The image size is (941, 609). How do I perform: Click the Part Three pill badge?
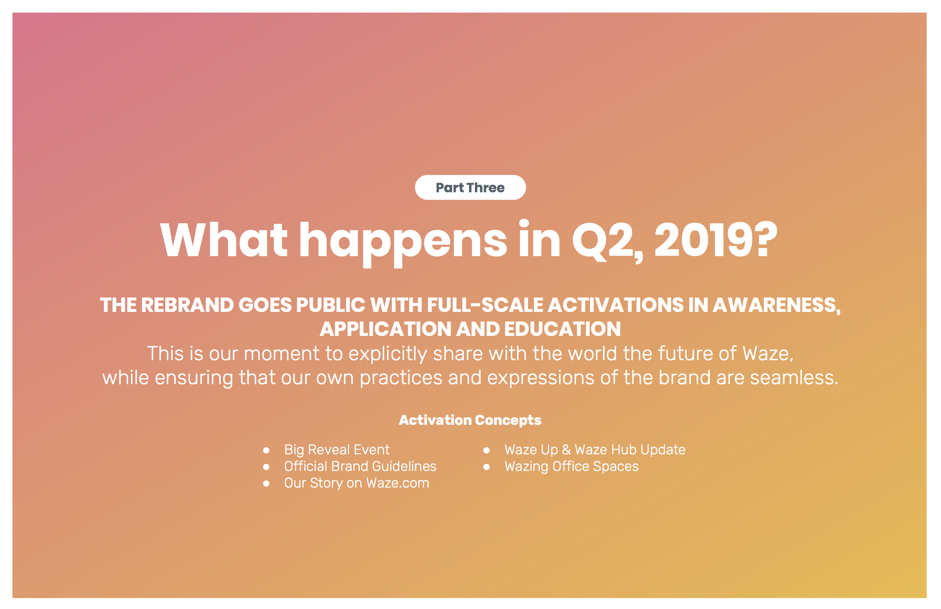(470, 187)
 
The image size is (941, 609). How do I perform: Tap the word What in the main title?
(223, 240)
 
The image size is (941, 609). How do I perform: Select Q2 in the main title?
(603, 240)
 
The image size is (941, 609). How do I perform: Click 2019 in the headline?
(703, 240)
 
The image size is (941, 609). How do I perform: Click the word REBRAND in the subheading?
(187, 305)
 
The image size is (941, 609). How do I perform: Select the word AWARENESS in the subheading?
(776, 306)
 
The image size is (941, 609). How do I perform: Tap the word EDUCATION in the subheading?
(562, 329)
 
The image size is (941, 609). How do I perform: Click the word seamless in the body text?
(794, 378)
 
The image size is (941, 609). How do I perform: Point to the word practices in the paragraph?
(400, 378)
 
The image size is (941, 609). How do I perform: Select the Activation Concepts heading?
(470, 420)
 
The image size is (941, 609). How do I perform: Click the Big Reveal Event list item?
(337, 450)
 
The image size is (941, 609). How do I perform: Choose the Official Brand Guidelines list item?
(360, 466)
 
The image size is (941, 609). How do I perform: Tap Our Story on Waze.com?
(356, 483)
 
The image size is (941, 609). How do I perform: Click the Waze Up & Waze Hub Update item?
(595, 450)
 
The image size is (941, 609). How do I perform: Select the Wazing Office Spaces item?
(572, 467)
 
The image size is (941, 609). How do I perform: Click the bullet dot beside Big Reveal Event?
(266, 450)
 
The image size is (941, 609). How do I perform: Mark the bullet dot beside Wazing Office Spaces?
(487, 467)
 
